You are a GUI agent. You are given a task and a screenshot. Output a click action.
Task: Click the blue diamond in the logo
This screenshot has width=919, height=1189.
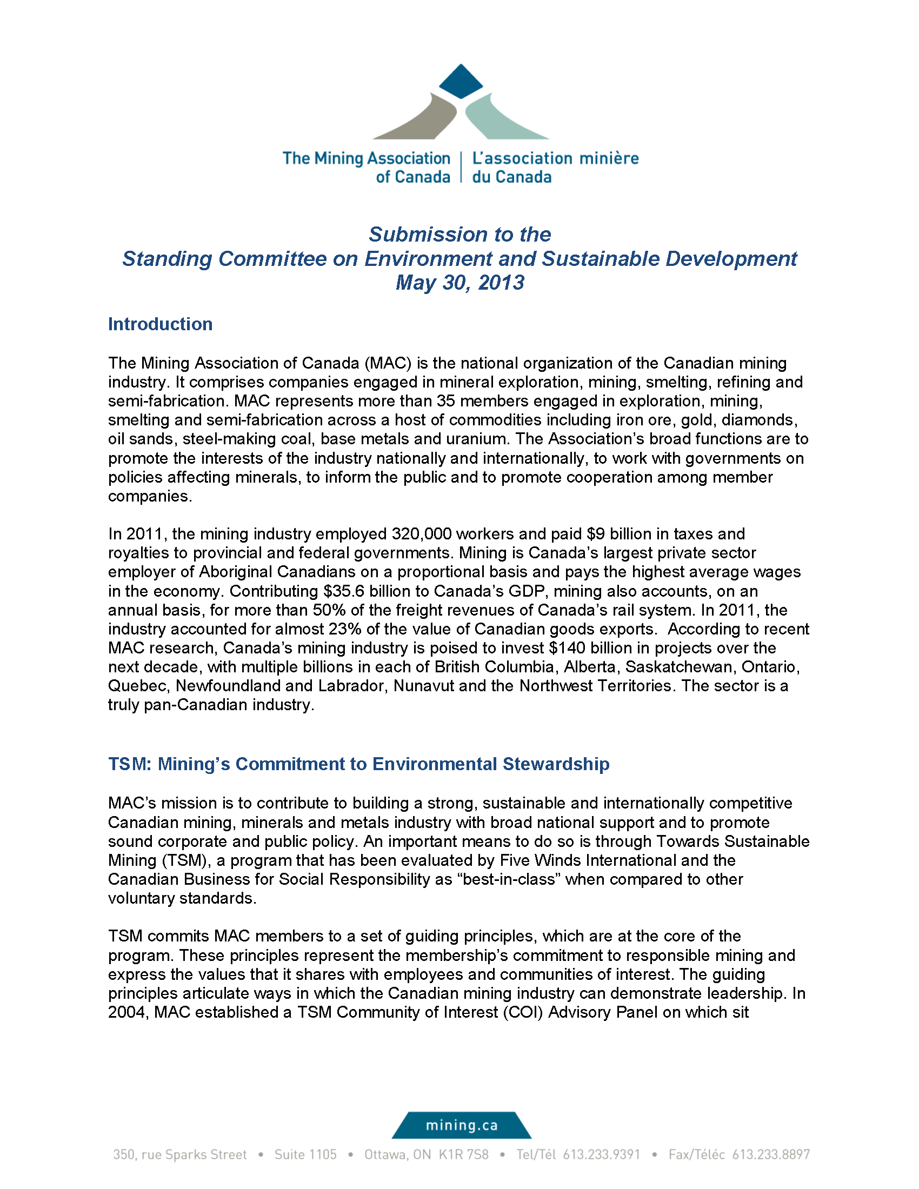click(x=461, y=82)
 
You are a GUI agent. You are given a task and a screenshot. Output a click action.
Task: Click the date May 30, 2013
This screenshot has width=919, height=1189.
click(x=459, y=283)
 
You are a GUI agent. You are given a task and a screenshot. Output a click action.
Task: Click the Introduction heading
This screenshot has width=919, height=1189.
click(x=160, y=324)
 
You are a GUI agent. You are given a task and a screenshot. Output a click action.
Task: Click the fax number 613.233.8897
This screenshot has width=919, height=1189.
click(x=770, y=1155)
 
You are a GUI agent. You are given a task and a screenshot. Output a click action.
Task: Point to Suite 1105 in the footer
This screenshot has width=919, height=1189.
click(x=305, y=1155)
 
